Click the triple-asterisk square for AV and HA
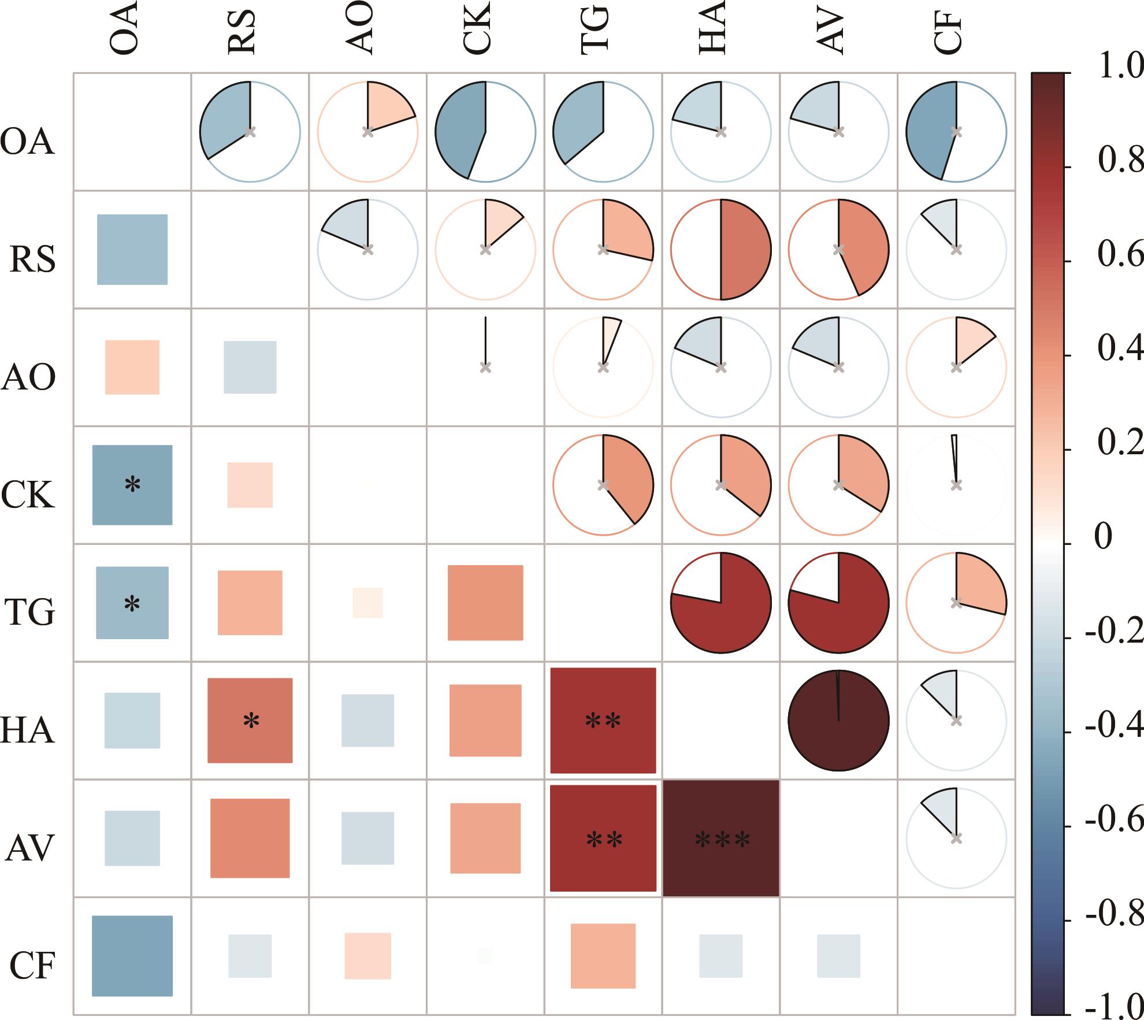pyautogui.click(x=721, y=839)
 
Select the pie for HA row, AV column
pyautogui.click(x=838, y=721)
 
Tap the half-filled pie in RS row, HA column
pyautogui.click(x=721, y=250)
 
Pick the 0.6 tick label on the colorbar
pyautogui.click(x=1120, y=255)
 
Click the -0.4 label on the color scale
pyautogui.click(x=1114, y=725)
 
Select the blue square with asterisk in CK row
pyautogui.click(x=132, y=485)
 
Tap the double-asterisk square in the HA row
pyautogui.click(x=603, y=721)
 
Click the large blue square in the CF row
pyautogui.click(x=132, y=956)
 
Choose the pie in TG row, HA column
pyautogui.click(x=721, y=603)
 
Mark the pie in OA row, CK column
pyautogui.click(x=485, y=132)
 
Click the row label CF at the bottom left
pyautogui.click(x=32, y=965)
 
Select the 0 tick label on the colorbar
pyautogui.click(x=1103, y=537)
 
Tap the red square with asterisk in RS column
pyautogui.click(x=250, y=721)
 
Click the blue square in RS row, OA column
pyautogui.click(x=132, y=250)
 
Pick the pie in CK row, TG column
pyautogui.click(x=603, y=485)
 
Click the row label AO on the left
pyautogui.click(x=29, y=377)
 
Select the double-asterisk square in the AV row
pyautogui.click(x=603, y=839)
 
